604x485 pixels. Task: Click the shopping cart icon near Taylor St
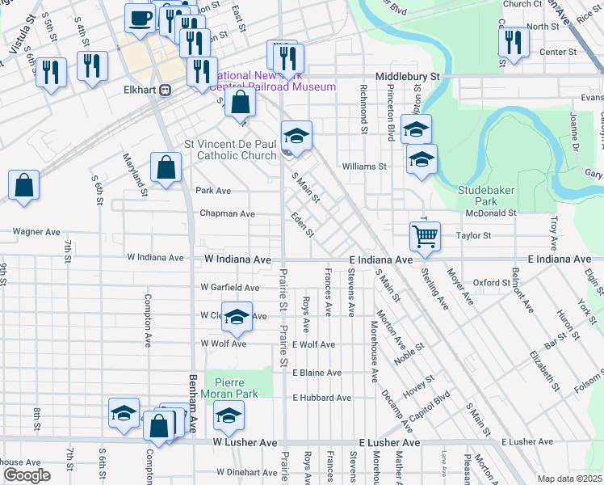(425, 237)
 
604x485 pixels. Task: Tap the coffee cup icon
(140, 19)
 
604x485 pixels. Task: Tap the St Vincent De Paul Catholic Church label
(230, 150)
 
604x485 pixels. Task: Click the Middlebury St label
(411, 76)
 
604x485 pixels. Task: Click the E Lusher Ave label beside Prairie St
(389, 444)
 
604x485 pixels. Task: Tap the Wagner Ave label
(36, 231)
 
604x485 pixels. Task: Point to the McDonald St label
(491, 213)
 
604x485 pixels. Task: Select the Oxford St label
(492, 283)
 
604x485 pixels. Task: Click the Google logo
(27, 475)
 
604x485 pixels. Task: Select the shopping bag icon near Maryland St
(166, 168)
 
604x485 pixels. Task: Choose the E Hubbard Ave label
(322, 398)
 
